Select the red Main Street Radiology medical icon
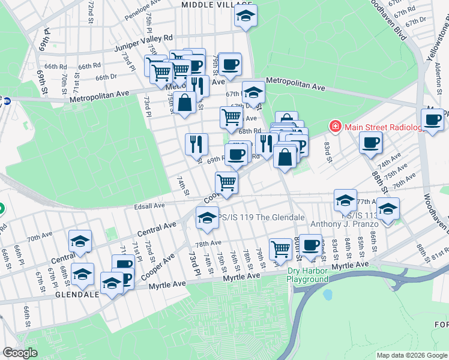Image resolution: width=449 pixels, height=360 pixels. point(334,126)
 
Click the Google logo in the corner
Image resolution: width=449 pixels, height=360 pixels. point(20,353)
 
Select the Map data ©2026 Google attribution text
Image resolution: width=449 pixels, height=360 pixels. point(412,355)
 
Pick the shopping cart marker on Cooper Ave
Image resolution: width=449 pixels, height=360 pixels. point(226,182)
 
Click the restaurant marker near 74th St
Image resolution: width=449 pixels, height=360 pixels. point(196,144)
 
